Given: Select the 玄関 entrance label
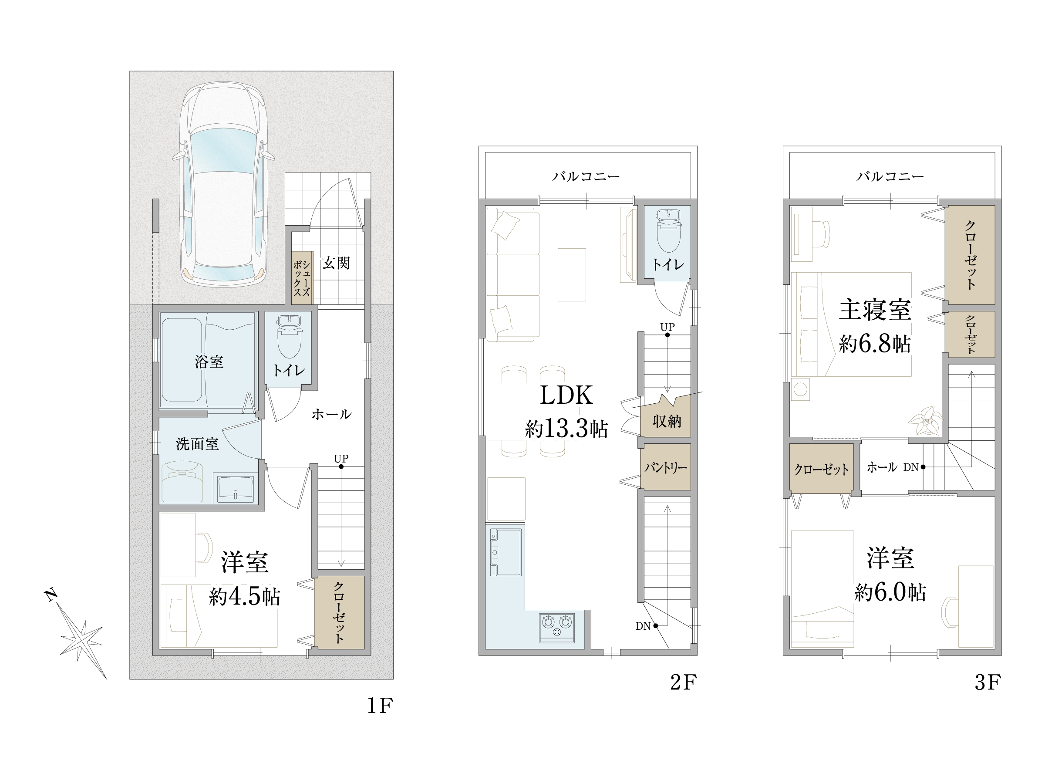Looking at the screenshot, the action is point(336,263).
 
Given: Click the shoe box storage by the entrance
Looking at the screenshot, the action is point(301,278).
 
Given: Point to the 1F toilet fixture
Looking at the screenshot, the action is point(289,335).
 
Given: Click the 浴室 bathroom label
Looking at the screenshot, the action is point(209,362).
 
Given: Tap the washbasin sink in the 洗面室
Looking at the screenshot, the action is point(235,488).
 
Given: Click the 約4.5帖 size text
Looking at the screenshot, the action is point(245,597).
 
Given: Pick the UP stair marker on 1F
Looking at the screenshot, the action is point(340,458).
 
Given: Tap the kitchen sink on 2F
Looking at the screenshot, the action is point(506,551).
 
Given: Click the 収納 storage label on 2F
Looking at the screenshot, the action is point(667,421).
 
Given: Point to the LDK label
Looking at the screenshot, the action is point(566,395).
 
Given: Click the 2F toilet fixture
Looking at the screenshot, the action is point(667,232).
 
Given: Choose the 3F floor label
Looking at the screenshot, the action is point(988,683).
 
